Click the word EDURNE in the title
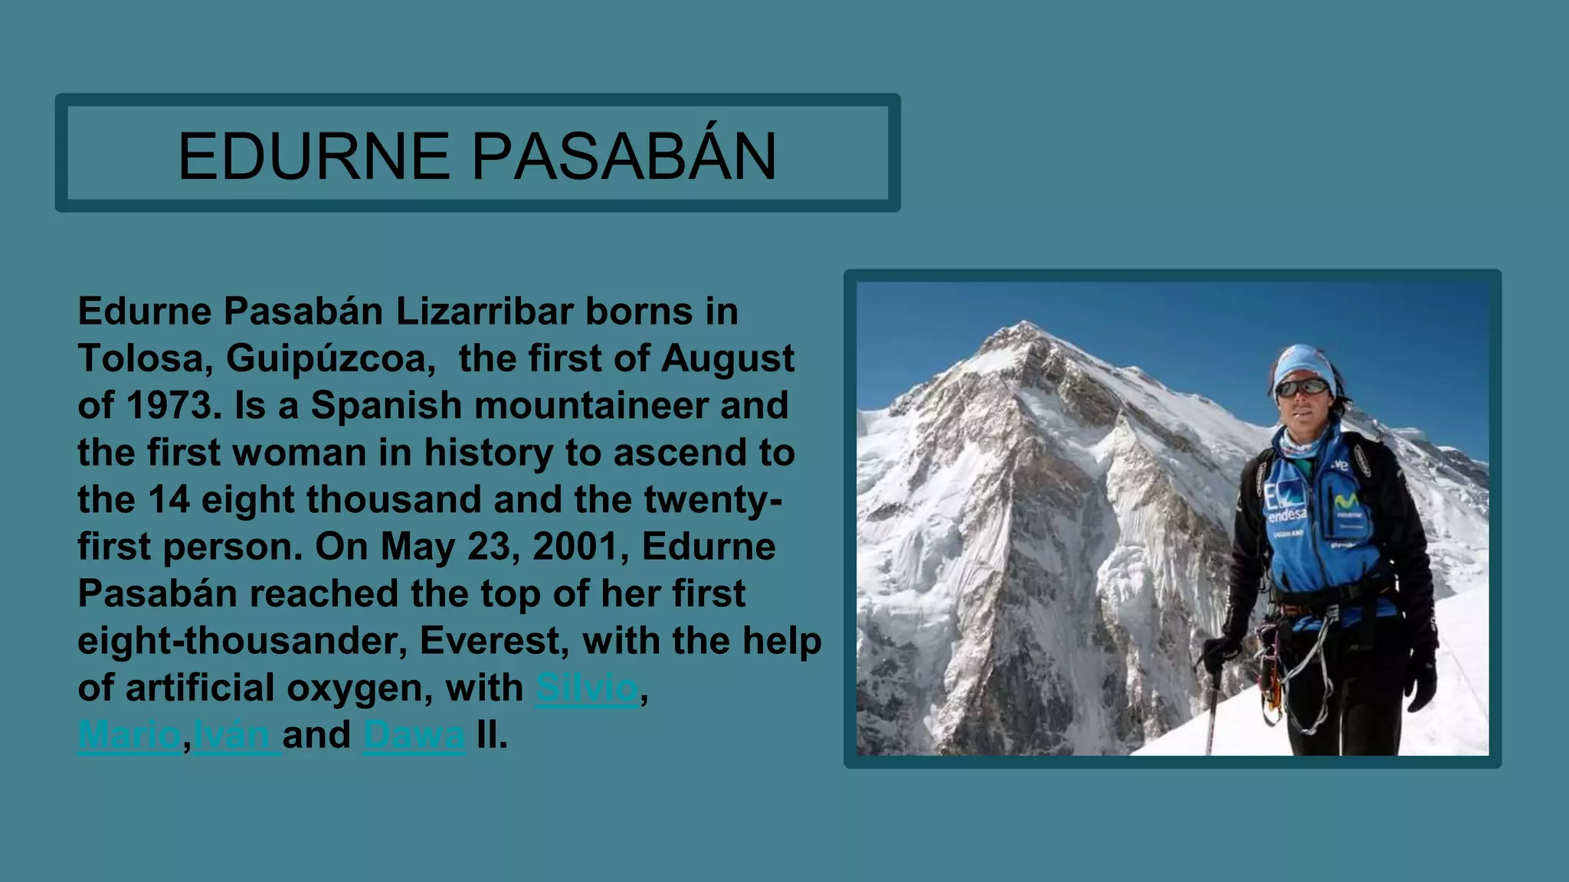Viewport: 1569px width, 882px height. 313,156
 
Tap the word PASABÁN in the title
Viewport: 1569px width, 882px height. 624,156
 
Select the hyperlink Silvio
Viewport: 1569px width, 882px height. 587,688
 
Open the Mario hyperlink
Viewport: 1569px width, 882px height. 129,735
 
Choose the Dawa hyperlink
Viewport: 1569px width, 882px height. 414,735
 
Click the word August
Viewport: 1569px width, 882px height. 728,358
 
